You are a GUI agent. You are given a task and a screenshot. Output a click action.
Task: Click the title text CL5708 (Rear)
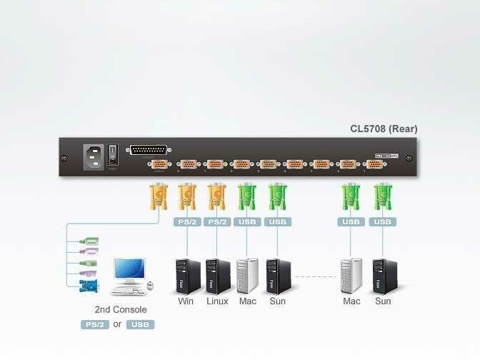pos(384,129)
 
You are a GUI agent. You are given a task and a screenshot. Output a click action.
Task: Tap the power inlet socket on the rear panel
pos(94,154)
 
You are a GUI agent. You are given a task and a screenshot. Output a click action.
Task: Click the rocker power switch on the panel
pos(112,154)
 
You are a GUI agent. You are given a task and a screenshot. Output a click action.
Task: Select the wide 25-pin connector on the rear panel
pos(148,150)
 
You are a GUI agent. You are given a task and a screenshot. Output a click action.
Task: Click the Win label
pos(186,301)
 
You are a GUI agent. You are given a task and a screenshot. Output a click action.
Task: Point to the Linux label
pos(217,301)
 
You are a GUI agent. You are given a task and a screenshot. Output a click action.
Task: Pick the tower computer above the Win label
pos(188,276)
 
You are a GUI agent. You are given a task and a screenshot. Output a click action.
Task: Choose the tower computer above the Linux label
pos(217,276)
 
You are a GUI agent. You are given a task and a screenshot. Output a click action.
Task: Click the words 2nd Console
pos(121,310)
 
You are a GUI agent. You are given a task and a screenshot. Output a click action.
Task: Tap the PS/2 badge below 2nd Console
pos(94,324)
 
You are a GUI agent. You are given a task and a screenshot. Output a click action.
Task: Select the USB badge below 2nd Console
pos(140,324)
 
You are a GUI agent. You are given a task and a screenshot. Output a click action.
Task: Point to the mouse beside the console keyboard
pos(151,287)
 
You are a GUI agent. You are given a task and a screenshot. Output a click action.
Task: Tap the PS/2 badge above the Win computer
pos(187,222)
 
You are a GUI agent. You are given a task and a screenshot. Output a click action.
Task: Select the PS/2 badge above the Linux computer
pos(217,222)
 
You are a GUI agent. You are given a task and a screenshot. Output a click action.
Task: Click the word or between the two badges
pos(117,324)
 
